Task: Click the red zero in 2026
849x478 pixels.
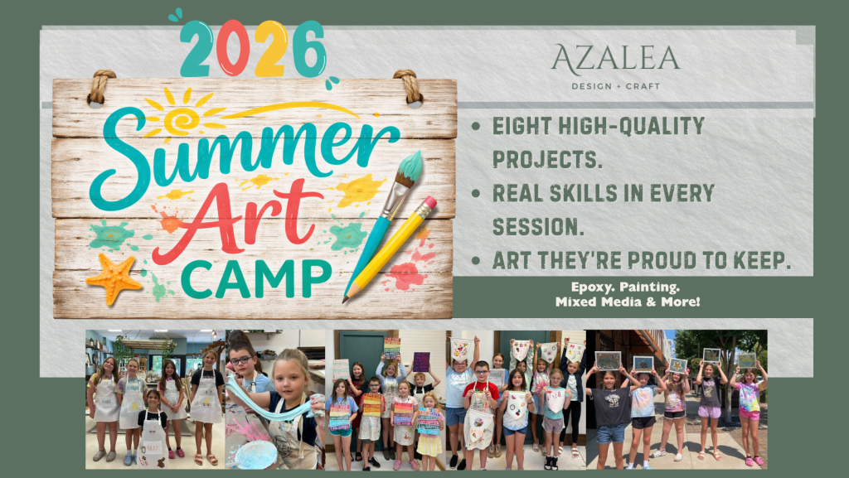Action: coord(233,47)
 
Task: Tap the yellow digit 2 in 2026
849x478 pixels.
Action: coord(271,48)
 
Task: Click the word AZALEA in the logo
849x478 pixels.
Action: coord(616,58)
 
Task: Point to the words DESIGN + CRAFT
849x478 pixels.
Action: coord(616,86)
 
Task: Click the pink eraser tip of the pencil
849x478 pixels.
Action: coord(429,202)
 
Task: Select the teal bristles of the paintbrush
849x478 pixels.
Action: coord(410,166)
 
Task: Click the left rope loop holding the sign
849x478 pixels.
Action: coord(100,86)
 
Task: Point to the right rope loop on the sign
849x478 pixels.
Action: coord(410,86)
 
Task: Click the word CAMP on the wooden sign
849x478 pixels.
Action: coord(256,279)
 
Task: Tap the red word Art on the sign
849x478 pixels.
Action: coord(238,220)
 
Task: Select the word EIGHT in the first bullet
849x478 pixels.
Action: coord(522,126)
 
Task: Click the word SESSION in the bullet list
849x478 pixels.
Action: coord(537,226)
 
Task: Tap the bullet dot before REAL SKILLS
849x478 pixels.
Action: coord(476,193)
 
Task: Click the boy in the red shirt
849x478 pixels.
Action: coord(480,411)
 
